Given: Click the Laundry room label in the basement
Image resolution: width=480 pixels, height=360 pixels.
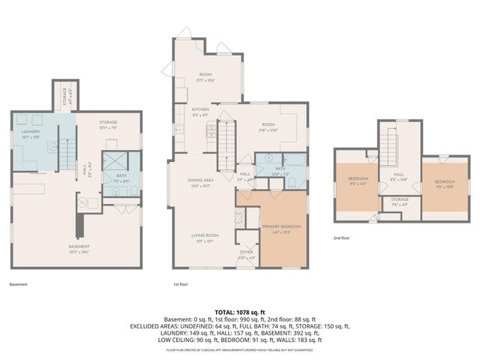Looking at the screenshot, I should [30, 133].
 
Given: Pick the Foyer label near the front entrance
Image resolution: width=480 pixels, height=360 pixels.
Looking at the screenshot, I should [247, 253].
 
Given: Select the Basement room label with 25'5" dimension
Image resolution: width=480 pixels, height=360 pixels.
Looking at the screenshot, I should [79, 248].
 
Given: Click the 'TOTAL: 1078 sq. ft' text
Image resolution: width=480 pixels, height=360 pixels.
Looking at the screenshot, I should [239, 312].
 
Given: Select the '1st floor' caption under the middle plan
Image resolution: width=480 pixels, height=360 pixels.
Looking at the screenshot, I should [181, 284].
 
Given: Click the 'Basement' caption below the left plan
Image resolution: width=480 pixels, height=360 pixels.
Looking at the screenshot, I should [18, 284].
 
